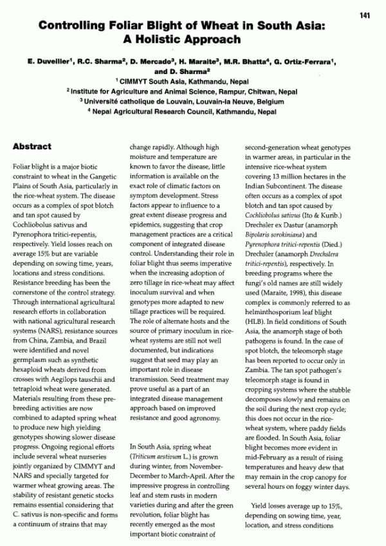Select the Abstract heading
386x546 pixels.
[x=33, y=147]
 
